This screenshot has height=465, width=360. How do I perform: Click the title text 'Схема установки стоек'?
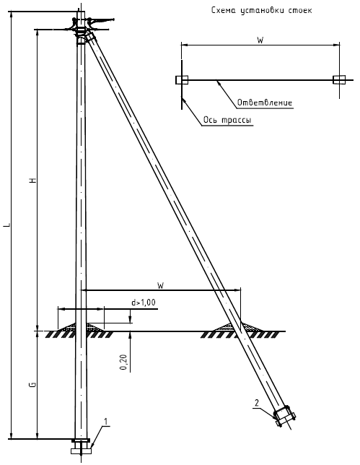(x=261, y=10)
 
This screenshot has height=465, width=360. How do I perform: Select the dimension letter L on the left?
(x=8, y=225)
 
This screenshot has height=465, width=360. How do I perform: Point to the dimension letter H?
(x=33, y=180)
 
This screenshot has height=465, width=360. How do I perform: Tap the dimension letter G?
(x=33, y=384)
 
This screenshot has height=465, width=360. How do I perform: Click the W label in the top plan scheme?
(x=260, y=40)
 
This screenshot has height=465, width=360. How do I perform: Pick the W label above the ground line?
(x=160, y=286)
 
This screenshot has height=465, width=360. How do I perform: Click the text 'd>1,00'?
(x=144, y=303)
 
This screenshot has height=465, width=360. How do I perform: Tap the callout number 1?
(x=106, y=422)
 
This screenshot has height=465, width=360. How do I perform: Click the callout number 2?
(x=257, y=403)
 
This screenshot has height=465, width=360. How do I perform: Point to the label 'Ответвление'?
(x=265, y=103)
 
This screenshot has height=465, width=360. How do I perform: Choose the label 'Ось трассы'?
(x=227, y=120)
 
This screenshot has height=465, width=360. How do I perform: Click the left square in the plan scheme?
(x=182, y=80)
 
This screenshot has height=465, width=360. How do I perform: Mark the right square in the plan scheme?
(x=339, y=80)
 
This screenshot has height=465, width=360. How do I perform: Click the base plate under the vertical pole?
(x=82, y=451)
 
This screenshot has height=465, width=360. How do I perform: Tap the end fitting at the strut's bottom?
(x=284, y=417)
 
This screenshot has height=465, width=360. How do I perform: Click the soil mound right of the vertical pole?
(x=95, y=327)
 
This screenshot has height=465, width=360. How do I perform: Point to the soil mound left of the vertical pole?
(x=67, y=327)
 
